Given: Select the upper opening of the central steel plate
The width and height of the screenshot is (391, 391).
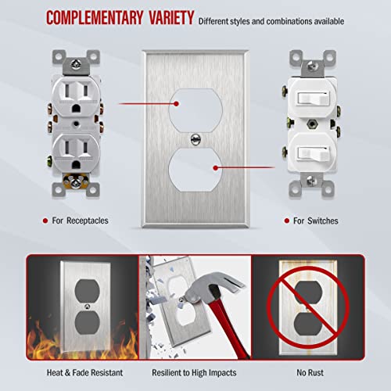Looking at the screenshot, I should tap(195, 108).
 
